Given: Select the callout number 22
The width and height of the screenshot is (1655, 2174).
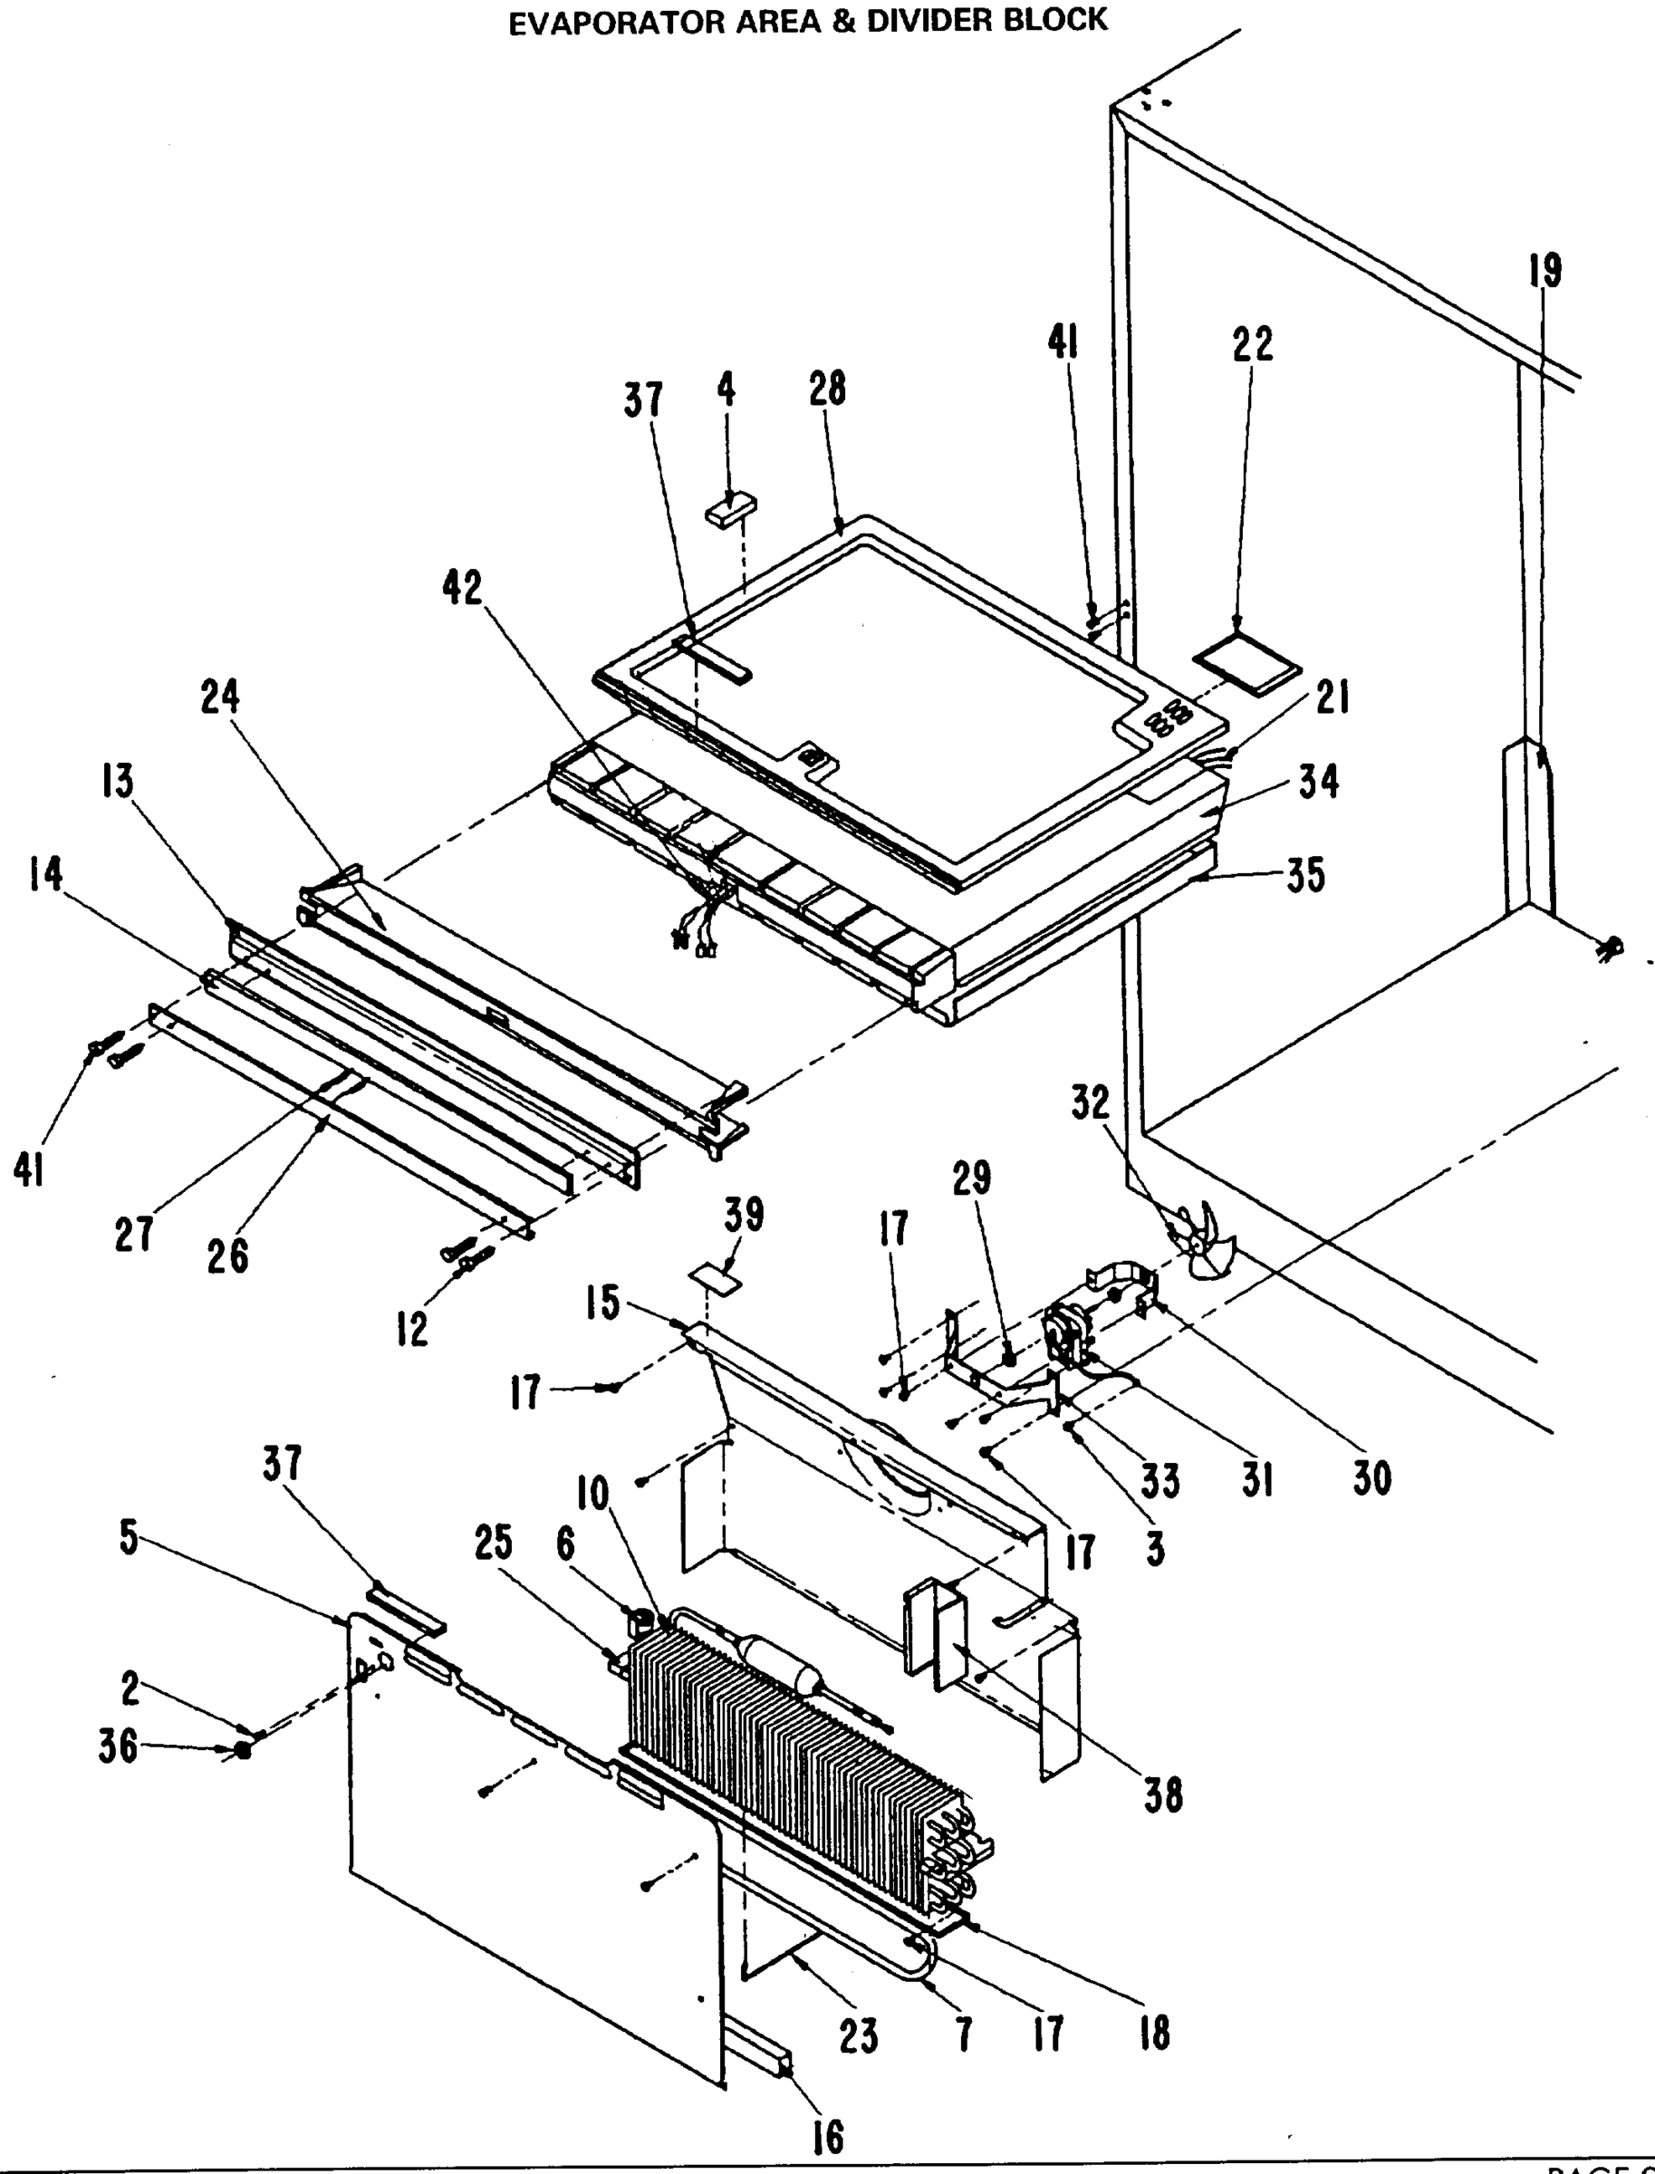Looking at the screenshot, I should point(1252,344).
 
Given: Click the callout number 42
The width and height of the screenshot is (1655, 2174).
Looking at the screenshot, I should point(462,588).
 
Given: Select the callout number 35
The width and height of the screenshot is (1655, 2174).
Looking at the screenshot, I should point(1305,875).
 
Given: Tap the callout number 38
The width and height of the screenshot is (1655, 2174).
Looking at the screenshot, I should point(1162,1794).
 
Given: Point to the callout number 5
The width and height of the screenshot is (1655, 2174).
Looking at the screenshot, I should point(129,1538).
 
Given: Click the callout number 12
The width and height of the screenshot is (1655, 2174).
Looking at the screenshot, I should point(413,1330).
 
